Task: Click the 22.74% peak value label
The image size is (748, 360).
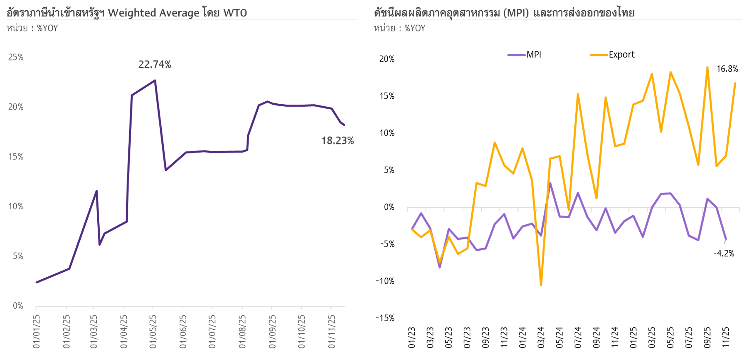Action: pos(155,64)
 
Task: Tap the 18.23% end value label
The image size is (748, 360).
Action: pos(337,141)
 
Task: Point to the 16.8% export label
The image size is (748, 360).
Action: pos(727,69)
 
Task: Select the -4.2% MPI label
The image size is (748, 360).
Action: pos(724,254)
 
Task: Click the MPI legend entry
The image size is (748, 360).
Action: pos(533,54)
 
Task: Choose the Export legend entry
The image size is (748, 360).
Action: pos(621,54)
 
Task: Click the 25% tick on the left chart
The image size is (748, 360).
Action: pos(16,57)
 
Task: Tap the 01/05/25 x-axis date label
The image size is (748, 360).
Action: pos(153,331)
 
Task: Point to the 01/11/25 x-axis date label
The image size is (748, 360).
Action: pos(331,331)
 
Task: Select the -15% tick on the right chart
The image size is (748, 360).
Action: pos(385,318)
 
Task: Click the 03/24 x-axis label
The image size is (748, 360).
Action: pos(541,337)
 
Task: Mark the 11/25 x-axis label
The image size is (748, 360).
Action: pos(726,337)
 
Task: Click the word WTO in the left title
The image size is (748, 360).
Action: pos(235,13)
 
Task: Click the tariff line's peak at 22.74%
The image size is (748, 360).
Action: pos(155,80)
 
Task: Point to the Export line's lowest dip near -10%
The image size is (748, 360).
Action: pos(541,285)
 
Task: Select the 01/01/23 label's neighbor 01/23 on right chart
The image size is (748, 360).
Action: pos(412,337)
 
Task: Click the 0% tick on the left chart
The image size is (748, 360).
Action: pos(18,306)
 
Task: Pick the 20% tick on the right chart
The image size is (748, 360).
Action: pos(387,59)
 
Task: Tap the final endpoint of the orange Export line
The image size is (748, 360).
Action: pos(735,83)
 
